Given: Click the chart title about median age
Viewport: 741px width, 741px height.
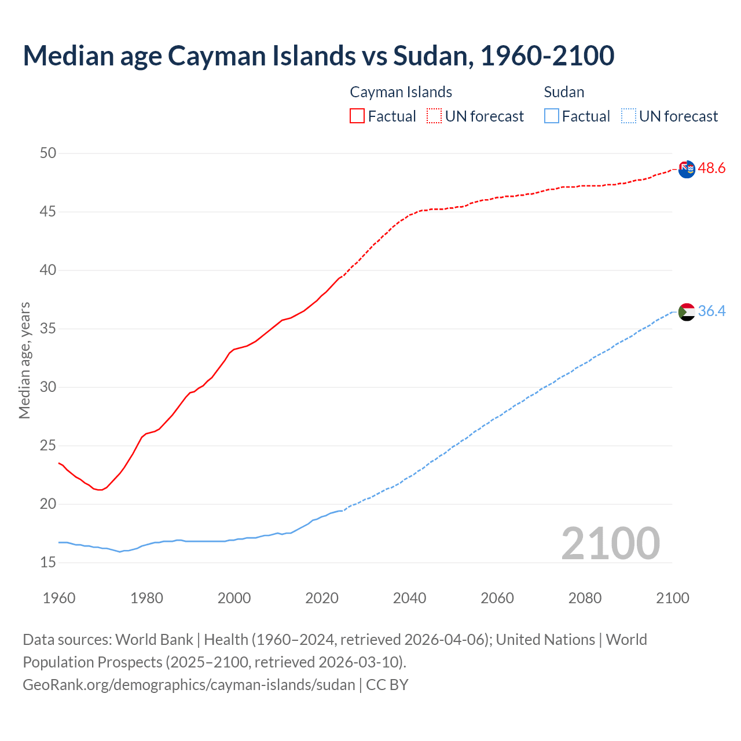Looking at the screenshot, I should [318, 56].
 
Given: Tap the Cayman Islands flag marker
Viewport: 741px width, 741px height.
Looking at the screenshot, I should [687, 169].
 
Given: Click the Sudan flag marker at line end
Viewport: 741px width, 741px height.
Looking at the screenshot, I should [687, 312].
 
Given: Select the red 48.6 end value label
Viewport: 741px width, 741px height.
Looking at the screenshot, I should [711, 168].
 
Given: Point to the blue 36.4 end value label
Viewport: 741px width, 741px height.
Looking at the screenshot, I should [711, 311].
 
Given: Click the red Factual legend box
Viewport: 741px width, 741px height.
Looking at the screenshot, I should [357, 116].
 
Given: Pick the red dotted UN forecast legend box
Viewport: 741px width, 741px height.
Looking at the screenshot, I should [434, 116].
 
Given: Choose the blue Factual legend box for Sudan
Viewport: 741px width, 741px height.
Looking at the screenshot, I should [552, 116].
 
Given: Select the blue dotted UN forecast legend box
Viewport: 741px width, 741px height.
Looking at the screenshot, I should [628, 116].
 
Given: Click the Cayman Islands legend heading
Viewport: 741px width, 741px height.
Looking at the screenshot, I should [401, 92].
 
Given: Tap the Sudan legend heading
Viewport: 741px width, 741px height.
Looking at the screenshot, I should [564, 92].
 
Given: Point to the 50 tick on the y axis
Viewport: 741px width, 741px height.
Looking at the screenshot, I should [48, 153].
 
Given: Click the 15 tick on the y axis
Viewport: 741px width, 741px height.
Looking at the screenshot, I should [48, 562].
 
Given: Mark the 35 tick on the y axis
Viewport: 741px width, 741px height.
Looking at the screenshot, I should [48, 329].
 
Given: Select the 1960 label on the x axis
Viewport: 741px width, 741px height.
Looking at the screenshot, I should [59, 598].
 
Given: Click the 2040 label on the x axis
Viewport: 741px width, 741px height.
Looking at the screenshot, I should [409, 598].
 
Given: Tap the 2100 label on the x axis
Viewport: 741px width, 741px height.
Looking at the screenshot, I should [672, 598].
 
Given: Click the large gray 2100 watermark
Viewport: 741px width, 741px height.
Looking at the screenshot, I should [610, 543].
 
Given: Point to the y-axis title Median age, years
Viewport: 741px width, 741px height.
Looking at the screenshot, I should [24, 360].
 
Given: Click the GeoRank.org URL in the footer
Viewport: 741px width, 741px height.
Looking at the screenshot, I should [189, 685].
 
